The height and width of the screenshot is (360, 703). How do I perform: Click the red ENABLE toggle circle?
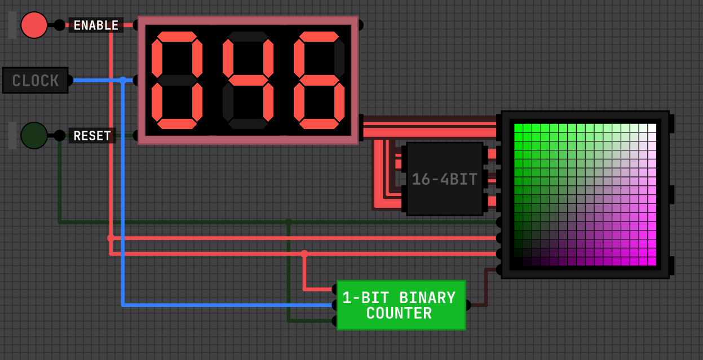[34, 25]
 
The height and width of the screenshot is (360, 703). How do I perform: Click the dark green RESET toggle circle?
[34, 135]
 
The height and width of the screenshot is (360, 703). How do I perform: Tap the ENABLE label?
[96, 25]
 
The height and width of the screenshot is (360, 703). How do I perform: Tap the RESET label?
[92, 135]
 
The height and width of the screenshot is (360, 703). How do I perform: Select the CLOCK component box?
[35, 80]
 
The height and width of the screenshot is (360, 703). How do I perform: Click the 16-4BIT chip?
[444, 179]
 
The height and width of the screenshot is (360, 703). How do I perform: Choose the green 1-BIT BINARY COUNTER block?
[401, 305]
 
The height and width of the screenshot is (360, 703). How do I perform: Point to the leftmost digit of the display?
[177, 80]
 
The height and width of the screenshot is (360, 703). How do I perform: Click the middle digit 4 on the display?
[248, 80]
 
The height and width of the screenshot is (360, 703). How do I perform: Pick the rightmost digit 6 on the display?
[319, 80]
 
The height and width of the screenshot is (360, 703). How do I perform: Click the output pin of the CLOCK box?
[70, 80]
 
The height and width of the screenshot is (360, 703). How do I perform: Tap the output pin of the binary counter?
[467, 305]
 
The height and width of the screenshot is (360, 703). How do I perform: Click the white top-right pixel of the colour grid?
[652, 128]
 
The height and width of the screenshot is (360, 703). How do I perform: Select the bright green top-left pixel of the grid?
[519, 128]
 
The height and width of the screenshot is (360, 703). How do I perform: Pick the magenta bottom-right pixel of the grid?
[652, 261]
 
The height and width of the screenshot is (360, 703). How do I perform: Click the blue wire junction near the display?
[123, 80]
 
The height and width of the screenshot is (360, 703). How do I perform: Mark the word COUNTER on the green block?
[399, 313]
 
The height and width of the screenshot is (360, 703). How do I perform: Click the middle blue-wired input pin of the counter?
[334, 305]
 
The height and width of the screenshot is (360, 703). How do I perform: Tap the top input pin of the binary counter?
[334, 289]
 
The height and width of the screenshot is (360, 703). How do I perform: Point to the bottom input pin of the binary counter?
[334, 321]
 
